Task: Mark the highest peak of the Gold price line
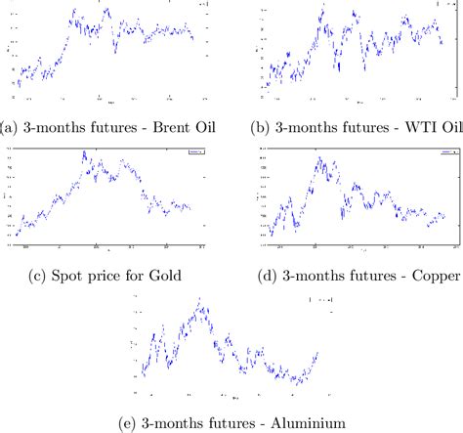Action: point(83,152)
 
